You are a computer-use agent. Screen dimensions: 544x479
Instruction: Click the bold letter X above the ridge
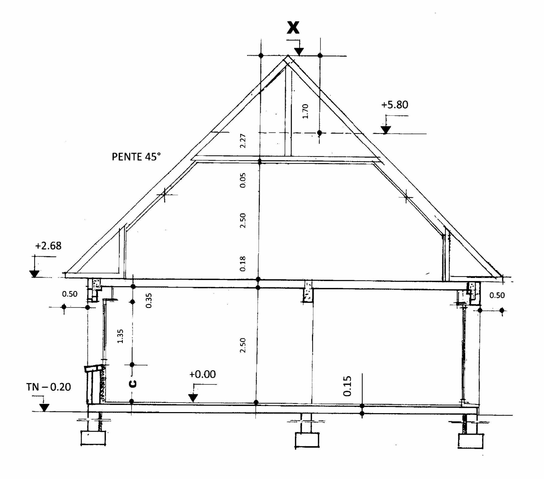point(293,28)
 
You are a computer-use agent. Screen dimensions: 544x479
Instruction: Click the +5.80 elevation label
point(394,104)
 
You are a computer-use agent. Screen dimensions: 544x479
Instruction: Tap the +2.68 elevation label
point(48,246)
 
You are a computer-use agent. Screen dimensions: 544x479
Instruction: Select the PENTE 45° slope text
point(136,157)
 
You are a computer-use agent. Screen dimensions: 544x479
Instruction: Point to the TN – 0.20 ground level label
point(48,387)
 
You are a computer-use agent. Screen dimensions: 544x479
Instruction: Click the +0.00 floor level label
point(202,374)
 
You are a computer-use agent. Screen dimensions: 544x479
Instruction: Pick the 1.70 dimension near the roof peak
point(305,111)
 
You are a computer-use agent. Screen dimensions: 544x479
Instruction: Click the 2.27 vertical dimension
point(243,141)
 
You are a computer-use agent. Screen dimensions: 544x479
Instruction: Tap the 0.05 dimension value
point(243,180)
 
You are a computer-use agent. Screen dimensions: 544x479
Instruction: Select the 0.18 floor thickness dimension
point(242,264)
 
